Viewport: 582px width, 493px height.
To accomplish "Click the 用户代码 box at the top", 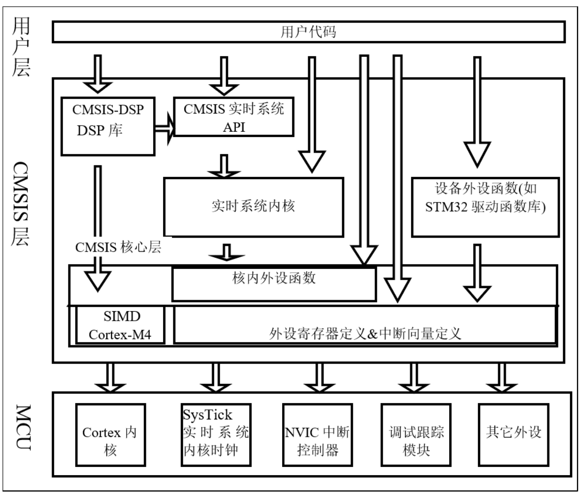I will coord(308,32).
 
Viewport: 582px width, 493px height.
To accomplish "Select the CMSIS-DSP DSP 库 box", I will coord(108,126).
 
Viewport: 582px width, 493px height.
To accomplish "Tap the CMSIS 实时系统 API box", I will coord(234,118).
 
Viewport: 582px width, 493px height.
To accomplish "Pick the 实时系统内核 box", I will coord(254,206).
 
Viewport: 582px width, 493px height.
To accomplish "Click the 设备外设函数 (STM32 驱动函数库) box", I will coord(485,206).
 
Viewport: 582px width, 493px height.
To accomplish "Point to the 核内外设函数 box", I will coord(274,284).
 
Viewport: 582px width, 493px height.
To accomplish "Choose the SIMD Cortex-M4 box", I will coord(120,325).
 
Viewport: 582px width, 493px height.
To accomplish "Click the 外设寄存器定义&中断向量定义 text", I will coord(365,333).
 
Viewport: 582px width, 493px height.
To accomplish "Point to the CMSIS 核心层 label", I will coord(118,247).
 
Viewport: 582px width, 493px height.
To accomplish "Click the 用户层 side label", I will coord(21,47).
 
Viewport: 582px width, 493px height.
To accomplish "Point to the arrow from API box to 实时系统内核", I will coord(223,166).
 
